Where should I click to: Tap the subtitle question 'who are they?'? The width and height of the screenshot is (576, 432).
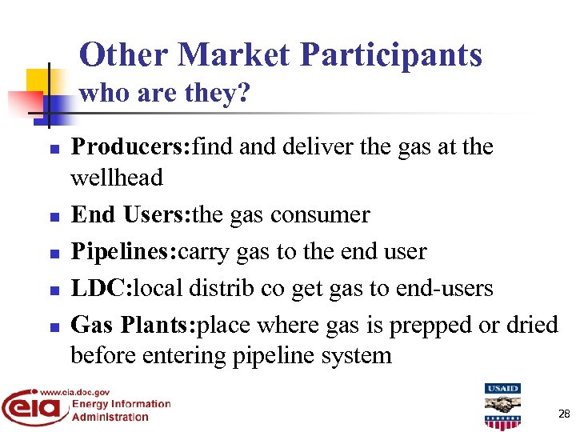(x=165, y=94)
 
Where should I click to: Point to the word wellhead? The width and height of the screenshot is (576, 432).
(x=117, y=178)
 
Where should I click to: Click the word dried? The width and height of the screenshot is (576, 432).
(x=530, y=325)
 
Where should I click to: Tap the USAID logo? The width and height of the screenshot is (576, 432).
(x=502, y=406)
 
